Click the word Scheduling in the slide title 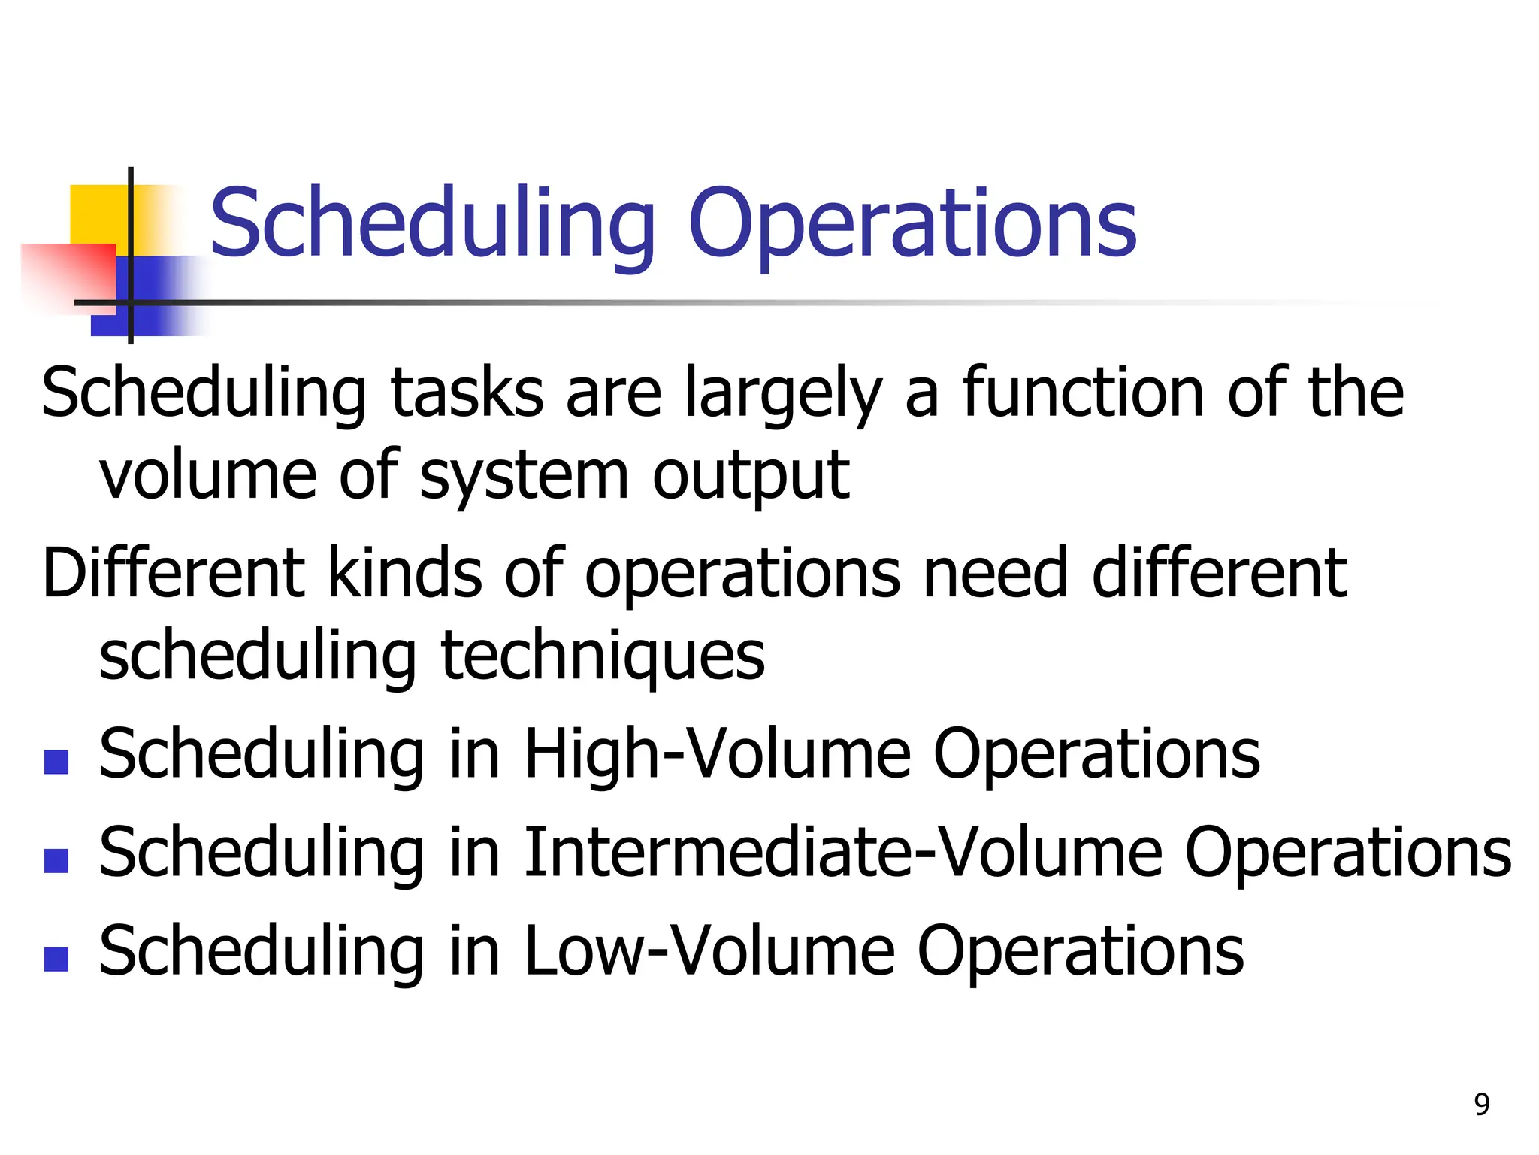pos(432,224)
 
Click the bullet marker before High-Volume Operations pos(56,762)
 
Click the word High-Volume pos(717,754)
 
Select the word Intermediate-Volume pos(842,853)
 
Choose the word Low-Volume pos(709,951)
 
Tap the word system pos(523,477)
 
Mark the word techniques pos(603,657)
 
